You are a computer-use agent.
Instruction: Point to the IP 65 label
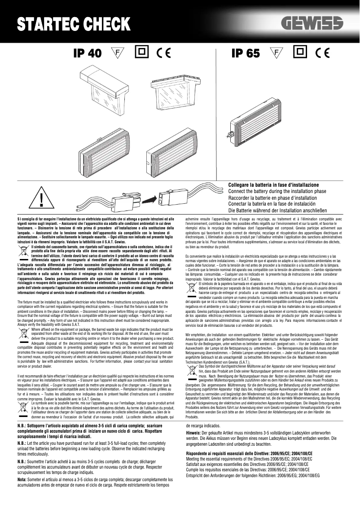245,53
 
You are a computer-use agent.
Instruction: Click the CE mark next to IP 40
164,53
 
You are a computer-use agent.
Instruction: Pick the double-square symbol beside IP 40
141,53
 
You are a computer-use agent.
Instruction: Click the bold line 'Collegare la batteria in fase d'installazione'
273,185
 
